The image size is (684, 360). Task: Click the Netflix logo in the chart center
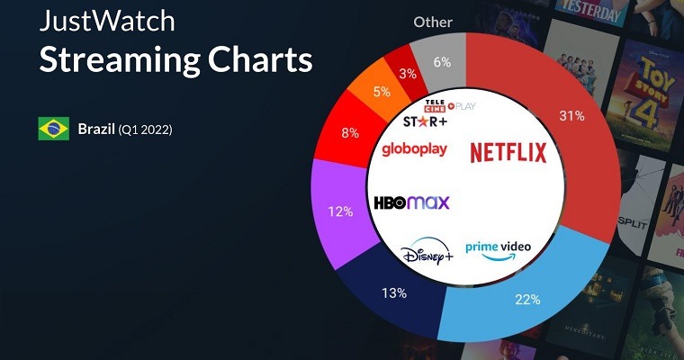click(x=508, y=152)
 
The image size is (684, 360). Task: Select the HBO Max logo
click(x=411, y=202)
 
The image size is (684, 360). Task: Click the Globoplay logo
click(x=414, y=148)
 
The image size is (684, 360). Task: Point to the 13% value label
click(x=394, y=293)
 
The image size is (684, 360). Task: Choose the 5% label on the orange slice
click(x=382, y=91)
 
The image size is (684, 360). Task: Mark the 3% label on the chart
click(x=408, y=73)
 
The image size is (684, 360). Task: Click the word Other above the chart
click(x=433, y=22)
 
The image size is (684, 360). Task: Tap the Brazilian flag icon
click(x=53, y=129)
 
